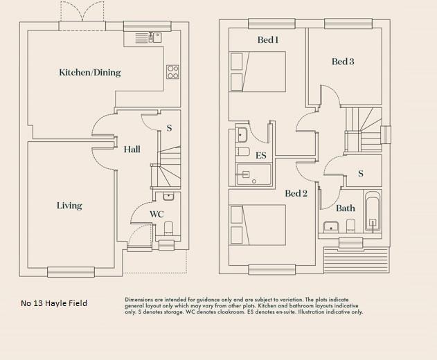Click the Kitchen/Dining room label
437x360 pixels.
click(x=90, y=73)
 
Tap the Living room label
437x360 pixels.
click(x=69, y=206)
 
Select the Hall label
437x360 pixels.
click(x=132, y=150)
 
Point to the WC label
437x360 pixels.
click(x=157, y=215)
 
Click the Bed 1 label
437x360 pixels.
click(x=267, y=40)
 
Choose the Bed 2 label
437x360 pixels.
click(x=296, y=194)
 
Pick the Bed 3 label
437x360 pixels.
click(x=343, y=62)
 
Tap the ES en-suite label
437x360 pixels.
click(x=261, y=156)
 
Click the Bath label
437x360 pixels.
click(x=345, y=208)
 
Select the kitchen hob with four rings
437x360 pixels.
click(x=172, y=71)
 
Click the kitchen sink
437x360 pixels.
click(x=155, y=37)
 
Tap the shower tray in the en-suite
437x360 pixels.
click(x=253, y=175)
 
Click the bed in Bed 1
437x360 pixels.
click(x=258, y=71)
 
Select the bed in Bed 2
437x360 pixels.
click(x=258, y=225)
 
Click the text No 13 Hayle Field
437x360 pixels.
click(x=54, y=303)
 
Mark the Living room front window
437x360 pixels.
click(x=70, y=271)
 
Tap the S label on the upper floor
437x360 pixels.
click(x=361, y=174)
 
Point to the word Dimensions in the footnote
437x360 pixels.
click(x=139, y=300)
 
